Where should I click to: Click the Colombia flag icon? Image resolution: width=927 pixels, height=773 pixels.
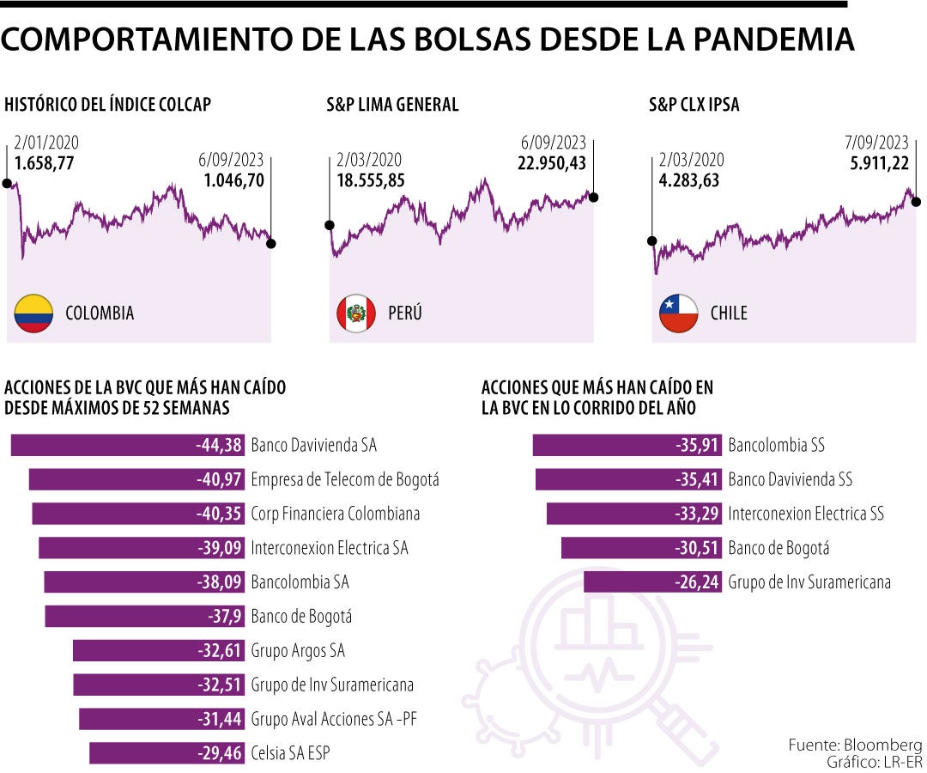pyautogui.click(x=33, y=313)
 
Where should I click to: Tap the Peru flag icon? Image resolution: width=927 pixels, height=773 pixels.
pyautogui.click(x=355, y=313)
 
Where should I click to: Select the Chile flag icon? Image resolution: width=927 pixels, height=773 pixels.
pyautogui.click(x=677, y=313)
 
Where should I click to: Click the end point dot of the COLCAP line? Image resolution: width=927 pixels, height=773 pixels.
pyautogui.click(x=271, y=243)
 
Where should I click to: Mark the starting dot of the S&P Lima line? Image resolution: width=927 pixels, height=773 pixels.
pyautogui.click(x=330, y=225)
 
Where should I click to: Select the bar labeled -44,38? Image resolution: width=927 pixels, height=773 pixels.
pyautogui.click(x=129, y=445)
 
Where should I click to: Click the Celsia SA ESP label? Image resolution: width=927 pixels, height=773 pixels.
pyautogui.click(x=290, y=753)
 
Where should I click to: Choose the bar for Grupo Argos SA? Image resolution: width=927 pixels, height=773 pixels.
pyautogui.click(x=160, y=650)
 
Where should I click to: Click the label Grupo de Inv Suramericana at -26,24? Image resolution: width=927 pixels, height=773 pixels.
pyautogui.click(x=809, y=582)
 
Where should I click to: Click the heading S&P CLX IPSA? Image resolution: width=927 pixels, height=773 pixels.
pyautogui.click(x=694, y=105)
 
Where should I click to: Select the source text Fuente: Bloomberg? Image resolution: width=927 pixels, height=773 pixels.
pyautogui.click(x=855, y=746)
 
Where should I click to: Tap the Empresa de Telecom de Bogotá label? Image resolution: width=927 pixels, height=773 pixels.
pyautogui.click(x=344, y=479)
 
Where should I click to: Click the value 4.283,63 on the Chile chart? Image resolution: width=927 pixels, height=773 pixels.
pyautogui.click(x=689, y=180)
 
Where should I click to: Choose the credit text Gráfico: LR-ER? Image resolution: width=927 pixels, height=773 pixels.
pyautogui.click(x=863, y=762)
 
